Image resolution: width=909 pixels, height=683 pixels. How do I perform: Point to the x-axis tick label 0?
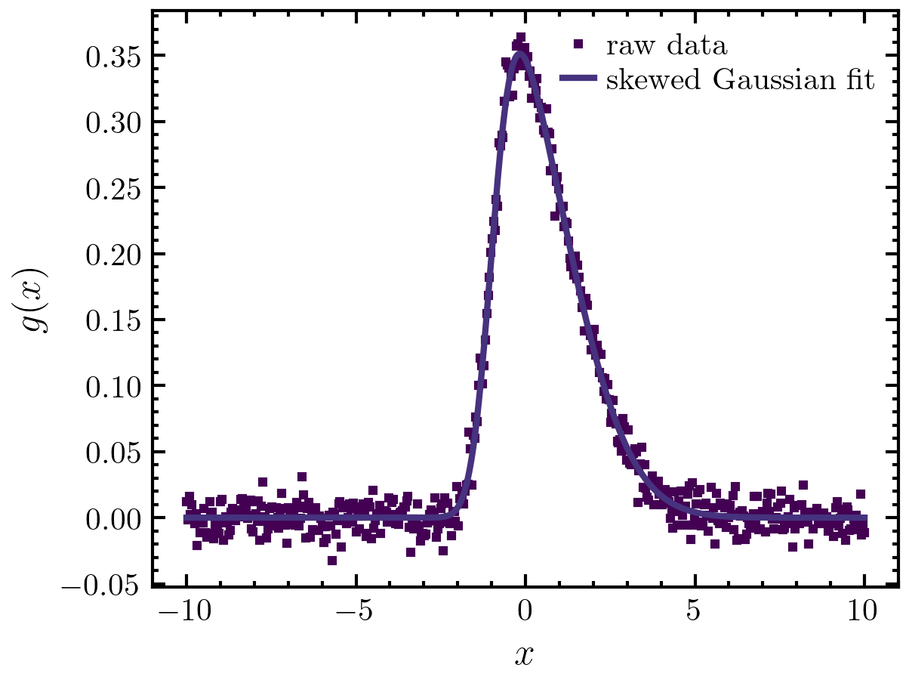pyautogui.click(x=525, y=610)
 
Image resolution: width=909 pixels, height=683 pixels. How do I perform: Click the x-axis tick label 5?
pyautogui.click(x=695, y=610)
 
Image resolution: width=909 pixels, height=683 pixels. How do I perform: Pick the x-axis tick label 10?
pyautogui.click(x=864, y=610)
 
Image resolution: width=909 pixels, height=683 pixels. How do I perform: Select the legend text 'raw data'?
pyautogui.click(x=667, y=46)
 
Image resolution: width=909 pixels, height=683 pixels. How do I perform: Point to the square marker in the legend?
pyautogui.click(x=579, y=45)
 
